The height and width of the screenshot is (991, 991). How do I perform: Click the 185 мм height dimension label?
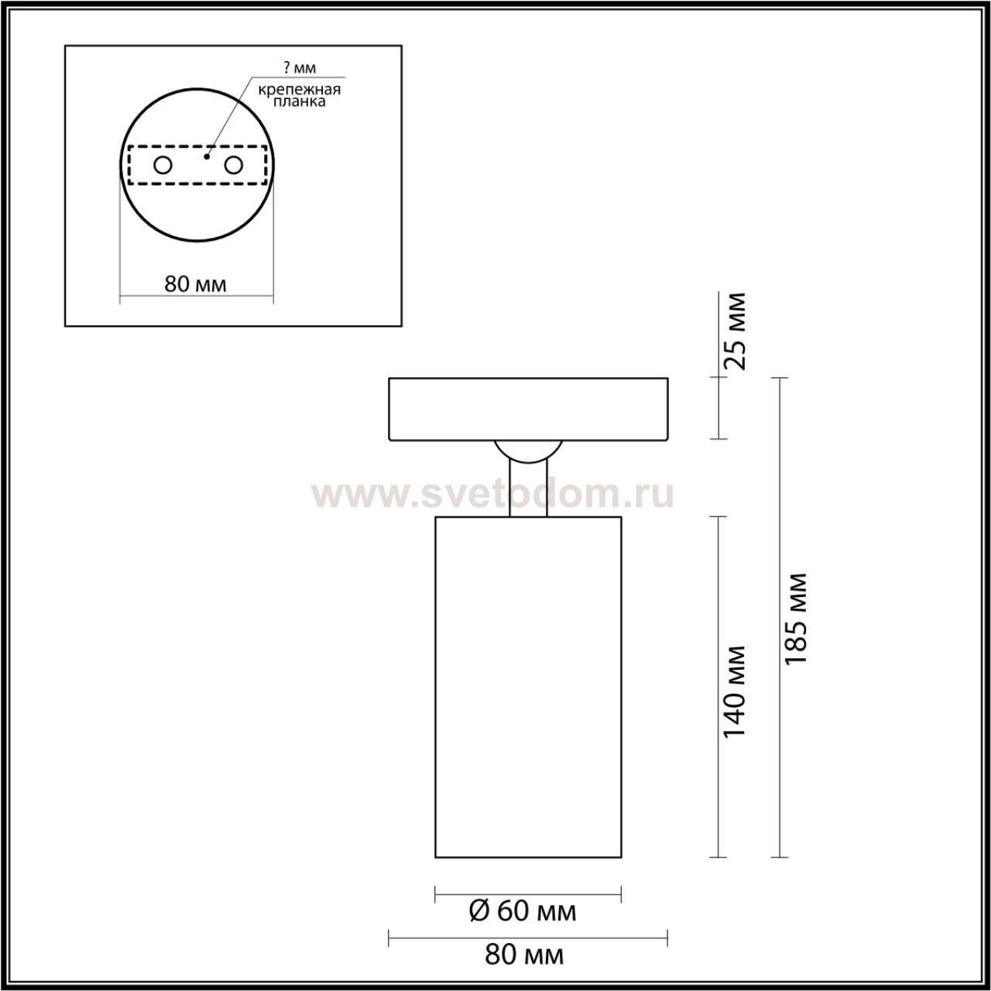[x=796, y=619]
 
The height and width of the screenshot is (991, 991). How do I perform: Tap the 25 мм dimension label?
[x=735, y=331]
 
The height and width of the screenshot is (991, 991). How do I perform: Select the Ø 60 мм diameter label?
[x=523, y=911]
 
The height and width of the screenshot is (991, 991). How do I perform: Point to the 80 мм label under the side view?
[x=524, y=955]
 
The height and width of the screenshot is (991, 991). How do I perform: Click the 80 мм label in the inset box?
[x=195, y=284]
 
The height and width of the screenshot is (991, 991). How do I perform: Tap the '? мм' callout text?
[x=300, y=67]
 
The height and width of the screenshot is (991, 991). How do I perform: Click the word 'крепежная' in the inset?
[x=300, y=90]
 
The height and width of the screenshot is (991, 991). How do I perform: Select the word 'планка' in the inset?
[x=299, y=102]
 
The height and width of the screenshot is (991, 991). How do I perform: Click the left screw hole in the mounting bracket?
[x=163, y=166]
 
